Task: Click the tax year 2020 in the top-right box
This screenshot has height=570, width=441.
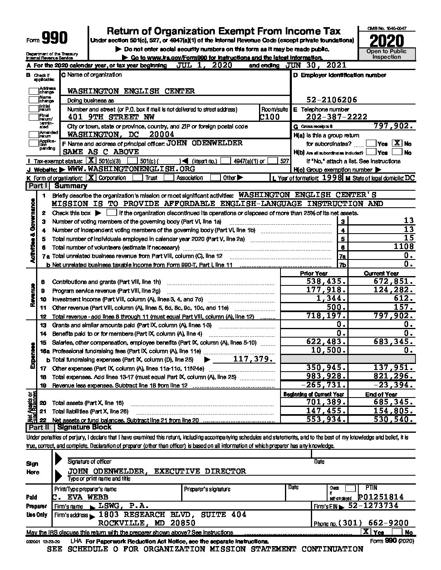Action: pos(387,41)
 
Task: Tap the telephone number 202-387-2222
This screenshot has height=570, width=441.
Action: pos(336,117)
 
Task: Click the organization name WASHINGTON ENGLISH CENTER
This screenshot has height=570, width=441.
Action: pos(131,91)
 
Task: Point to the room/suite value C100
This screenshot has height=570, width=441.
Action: pos(270,117)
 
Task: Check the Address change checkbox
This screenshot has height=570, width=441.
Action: pos(34,90)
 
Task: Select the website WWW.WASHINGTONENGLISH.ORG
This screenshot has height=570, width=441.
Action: pos(131,169)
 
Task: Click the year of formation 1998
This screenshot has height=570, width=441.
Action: pos(332,178)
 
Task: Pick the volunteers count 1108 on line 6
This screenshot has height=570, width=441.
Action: pos(403,247)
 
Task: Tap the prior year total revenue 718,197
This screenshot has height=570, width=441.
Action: pos(326,316)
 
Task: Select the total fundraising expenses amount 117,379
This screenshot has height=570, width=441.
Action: pos(253,359)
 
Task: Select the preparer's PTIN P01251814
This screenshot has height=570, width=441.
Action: pos(381,497)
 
